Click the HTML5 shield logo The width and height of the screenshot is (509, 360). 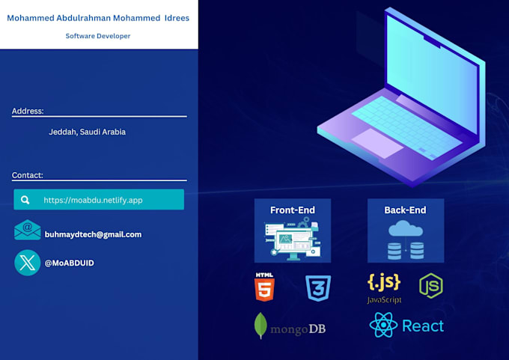click(264, 287)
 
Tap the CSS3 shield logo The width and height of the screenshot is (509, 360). click(318, 288)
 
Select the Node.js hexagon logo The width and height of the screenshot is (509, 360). click(430, 287)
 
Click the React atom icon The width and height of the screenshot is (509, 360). click(382, 326)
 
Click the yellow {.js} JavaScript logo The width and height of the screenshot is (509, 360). click(384, 283)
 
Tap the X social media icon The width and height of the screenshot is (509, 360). click(28, 263)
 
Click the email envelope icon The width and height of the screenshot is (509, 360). click(28, 231)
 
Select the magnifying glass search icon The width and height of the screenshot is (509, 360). click(26, 200)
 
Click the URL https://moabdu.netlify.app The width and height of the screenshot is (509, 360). click(93, 200)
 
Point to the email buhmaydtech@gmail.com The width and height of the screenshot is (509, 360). click(93, 234)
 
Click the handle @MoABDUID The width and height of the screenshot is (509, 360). click(70, 263)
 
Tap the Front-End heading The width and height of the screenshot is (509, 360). click(293, 210)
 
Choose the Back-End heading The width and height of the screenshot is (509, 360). click(405, 210)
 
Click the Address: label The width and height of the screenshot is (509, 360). click(28, 111)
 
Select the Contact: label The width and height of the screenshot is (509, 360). click(28, 175)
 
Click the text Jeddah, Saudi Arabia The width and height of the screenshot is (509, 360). click(87, 132)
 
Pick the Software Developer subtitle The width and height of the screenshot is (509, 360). click(98, 36)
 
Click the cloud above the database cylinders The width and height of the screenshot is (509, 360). click(405, 229)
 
